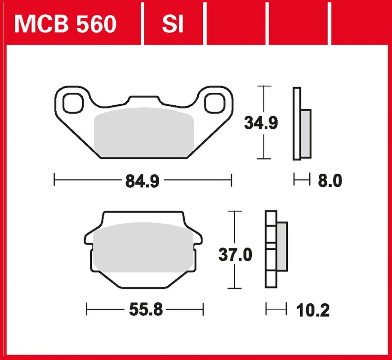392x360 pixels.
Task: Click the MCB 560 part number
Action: pos(66,24)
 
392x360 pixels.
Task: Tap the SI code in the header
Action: pos(173,24)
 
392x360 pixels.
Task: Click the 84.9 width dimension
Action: pos(142,181)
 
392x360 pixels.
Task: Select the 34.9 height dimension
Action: pos(261,123)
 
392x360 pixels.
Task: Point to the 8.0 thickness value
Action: pos(330,180)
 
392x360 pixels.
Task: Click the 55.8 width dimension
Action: pos(146,310)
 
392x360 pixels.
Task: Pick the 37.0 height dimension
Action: pos(235,255)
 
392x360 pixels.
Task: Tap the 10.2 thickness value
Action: pos(313,310)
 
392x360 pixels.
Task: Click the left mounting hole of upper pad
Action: pos(73,103)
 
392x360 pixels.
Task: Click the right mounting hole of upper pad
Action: pos(215,103)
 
